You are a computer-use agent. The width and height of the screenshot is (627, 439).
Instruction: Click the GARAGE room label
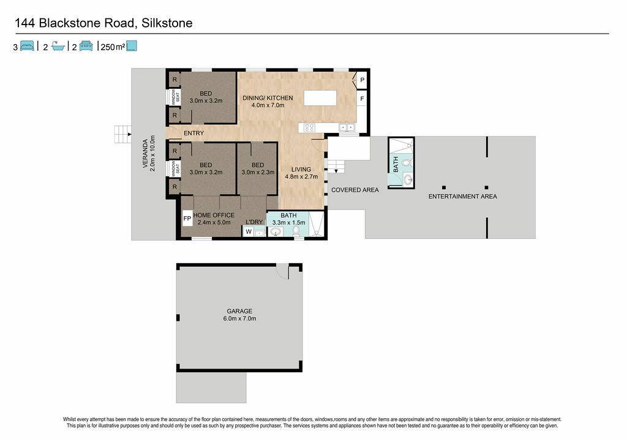coord(239,311)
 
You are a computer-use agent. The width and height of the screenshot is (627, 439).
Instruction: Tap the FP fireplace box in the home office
coord(187,219)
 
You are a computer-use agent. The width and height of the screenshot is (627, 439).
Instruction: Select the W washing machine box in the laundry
coord(249,231)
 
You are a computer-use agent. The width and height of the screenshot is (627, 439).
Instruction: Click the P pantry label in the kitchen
coord(362,80)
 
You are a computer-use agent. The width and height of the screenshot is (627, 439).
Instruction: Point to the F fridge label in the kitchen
coord(362,99)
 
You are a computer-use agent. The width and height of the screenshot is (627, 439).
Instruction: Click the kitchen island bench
coord(320,98)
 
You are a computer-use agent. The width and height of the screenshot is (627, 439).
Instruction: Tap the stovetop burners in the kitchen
coord(309,127)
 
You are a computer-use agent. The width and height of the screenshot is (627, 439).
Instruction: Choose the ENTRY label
coord(194,133)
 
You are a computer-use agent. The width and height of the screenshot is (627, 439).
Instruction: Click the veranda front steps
coord(122,134)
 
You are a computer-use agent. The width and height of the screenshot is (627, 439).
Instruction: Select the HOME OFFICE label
coord(214,215)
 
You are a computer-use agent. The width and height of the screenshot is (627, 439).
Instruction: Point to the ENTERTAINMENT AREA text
coord(463,197)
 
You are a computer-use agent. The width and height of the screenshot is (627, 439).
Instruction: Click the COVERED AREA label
coord(355,190)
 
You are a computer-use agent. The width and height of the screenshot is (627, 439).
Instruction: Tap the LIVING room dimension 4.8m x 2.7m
coord(301,176)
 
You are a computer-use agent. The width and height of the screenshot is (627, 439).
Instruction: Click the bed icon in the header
coord(27,46)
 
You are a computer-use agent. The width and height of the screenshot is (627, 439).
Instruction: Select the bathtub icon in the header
coord(58,47)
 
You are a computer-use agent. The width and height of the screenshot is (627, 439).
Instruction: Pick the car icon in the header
coord(86,46)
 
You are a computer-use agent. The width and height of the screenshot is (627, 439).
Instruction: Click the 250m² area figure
coord(113,47)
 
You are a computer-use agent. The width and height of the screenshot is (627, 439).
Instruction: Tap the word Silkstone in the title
coord(167,23)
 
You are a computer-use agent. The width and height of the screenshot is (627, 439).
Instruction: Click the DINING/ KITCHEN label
coord(268,98)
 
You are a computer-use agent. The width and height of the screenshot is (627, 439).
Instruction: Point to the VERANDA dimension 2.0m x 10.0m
coord(152,154)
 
